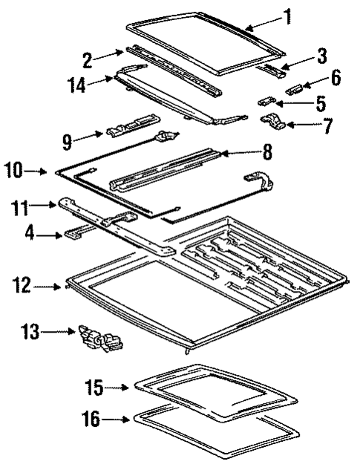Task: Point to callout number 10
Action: [15, 171]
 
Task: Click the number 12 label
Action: [22, 283]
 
